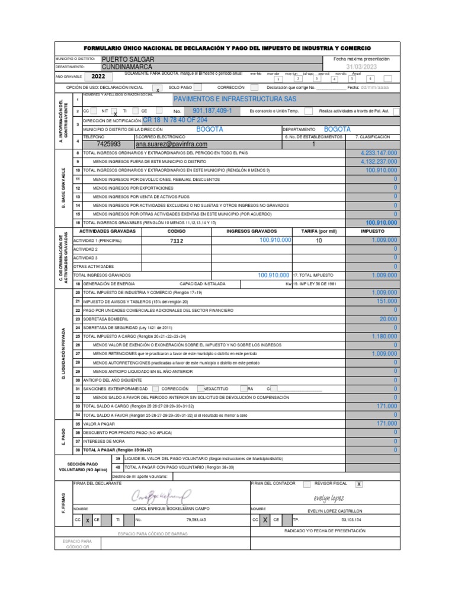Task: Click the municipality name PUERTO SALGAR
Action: click(128, 60)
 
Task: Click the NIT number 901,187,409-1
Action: click(213, 111)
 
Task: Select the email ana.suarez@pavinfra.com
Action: click(171, 144)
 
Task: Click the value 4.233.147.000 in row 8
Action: click(379, 153)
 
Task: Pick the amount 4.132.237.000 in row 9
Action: click(379, 161)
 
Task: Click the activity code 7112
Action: click(177, 241)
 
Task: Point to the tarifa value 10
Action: click(319, 241)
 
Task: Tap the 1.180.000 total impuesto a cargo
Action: click(384, 336)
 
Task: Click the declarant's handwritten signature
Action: click(162, 494)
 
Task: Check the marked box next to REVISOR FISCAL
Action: click(358, 484)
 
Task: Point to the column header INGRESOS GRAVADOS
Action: click(251, 231)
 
